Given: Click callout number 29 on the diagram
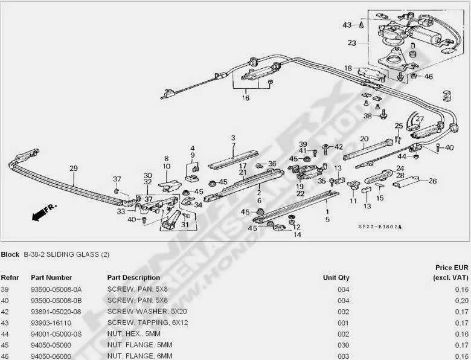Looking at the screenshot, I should (x=73, y=169).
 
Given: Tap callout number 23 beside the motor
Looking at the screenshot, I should (x=352, y=43).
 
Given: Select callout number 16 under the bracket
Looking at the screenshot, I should (x=246, y=98).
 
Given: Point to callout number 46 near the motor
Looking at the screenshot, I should (x=429, y=77).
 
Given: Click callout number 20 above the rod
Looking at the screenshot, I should (x=364, y=138).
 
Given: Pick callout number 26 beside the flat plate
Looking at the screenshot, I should (x=432, y=180).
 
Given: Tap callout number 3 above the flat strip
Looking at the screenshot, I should (x=233, y=138).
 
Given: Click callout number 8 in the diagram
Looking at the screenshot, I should (x=166, y=159).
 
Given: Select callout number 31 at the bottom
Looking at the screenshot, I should (x=184, y=225).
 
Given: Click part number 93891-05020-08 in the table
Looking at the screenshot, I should (x=56, y=312).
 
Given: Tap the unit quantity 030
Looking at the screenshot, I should (x=343, y=346).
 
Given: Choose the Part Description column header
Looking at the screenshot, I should (x=133, y=278).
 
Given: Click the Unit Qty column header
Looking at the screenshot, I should (x=336, y=278).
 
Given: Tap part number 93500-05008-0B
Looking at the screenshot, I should (x=56, y=301).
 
